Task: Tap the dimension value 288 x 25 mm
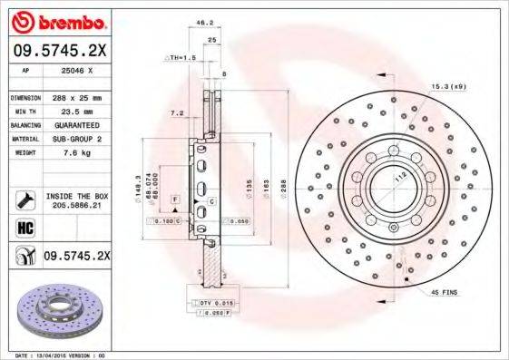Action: (x=81, y=97)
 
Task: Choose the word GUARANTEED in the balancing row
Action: (x=82, y=124)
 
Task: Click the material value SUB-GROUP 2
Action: (x=82, y=139)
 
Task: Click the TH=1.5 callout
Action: (x=181, y=57)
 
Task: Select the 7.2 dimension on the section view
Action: (x=178, y=112)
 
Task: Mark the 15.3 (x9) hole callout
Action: (x=448, y=86)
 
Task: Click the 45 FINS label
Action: (x=445, y=292)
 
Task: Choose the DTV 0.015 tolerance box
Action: (x=205, y=301)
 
